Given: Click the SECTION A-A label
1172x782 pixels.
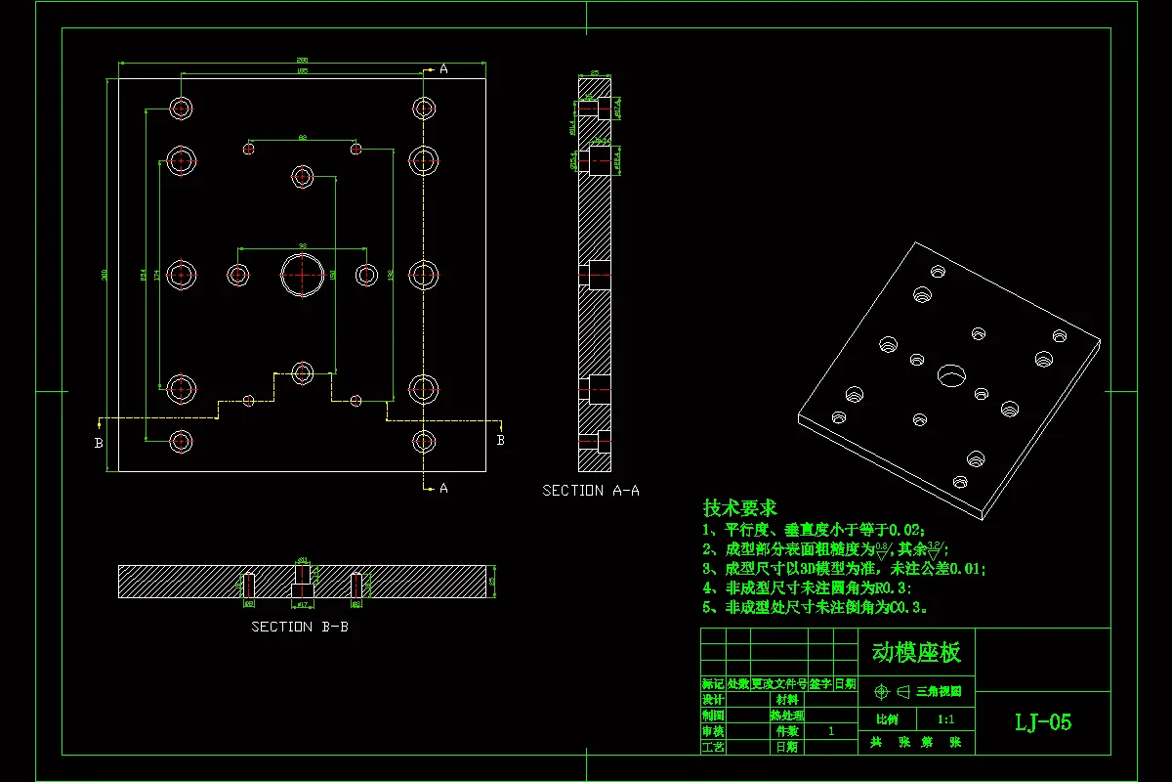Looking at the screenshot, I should [x=591, y=491].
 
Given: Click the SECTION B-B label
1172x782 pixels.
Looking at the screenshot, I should [x=300, y=627].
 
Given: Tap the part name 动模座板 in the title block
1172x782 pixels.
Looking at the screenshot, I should [x=916, y=652].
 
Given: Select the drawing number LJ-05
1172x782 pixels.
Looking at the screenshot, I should [x=1043, y=722].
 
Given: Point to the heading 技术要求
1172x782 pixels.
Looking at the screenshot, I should [x=740, y=508].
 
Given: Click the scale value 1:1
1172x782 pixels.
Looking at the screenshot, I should [x=945, y=719].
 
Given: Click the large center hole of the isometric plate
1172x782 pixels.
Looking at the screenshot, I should [x=949, y=374].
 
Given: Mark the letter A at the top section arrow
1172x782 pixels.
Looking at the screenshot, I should [x=443, y=69].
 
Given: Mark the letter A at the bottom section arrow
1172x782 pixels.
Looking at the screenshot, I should [x=443, y=488].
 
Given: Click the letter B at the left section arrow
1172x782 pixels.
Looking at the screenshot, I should [x=99, y=443].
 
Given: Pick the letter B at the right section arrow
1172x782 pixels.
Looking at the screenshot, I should [x=501, y=440].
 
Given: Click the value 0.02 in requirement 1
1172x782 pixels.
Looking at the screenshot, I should [x=904, y=529].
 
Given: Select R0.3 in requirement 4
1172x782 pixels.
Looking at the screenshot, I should [x=889, y=587].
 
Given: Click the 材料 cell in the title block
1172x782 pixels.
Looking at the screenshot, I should [x=786, y=700].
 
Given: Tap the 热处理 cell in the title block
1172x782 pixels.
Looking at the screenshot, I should [x=786, y=716].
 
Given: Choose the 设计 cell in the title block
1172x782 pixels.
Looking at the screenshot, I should [x=713, y=700].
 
